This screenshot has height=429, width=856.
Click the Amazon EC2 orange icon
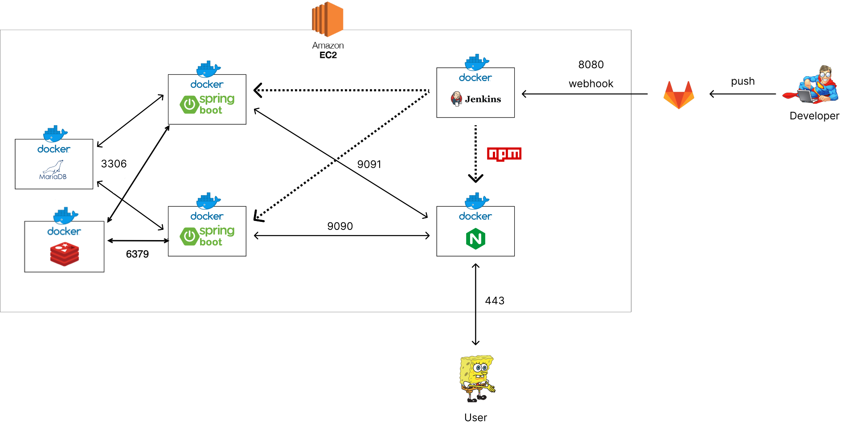pyautogui.click(x=328, y=19)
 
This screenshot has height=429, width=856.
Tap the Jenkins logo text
pyautogui.click(x=483, y=99)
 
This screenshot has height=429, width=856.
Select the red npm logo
pyautogui.click(x=504, y=154)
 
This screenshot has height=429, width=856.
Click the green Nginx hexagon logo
pyautogui.click(x=475, y=239)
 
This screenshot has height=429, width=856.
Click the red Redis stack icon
pyautogui.click(x=65, y=254)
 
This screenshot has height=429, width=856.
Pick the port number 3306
pyautogui.click(x=114, y=164)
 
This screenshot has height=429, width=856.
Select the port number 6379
pyautogui.click(x=137, y=254)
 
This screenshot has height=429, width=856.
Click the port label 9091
pyautogui.click(x=369, y=164)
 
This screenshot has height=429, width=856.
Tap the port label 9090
pyautogui.click(x=340, y=226)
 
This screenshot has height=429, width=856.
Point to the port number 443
pyautogui.click(x=495, y=301)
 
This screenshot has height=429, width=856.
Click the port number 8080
pyautogui.click(x=591, y=65)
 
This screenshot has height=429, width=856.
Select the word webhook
pyautogui.click(x=591, y=84)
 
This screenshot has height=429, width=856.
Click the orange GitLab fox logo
pyautogui.click(x=679, y=95)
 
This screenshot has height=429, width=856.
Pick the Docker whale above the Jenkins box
pyautogui.click(x=476, y=62)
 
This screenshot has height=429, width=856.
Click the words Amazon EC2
pyautogui.click(x=328, y=50)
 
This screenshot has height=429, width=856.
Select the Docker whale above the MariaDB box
pyautogui.click(x=55, y=133)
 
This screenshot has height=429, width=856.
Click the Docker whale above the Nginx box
pyautogui.click(x=476, y=201)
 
